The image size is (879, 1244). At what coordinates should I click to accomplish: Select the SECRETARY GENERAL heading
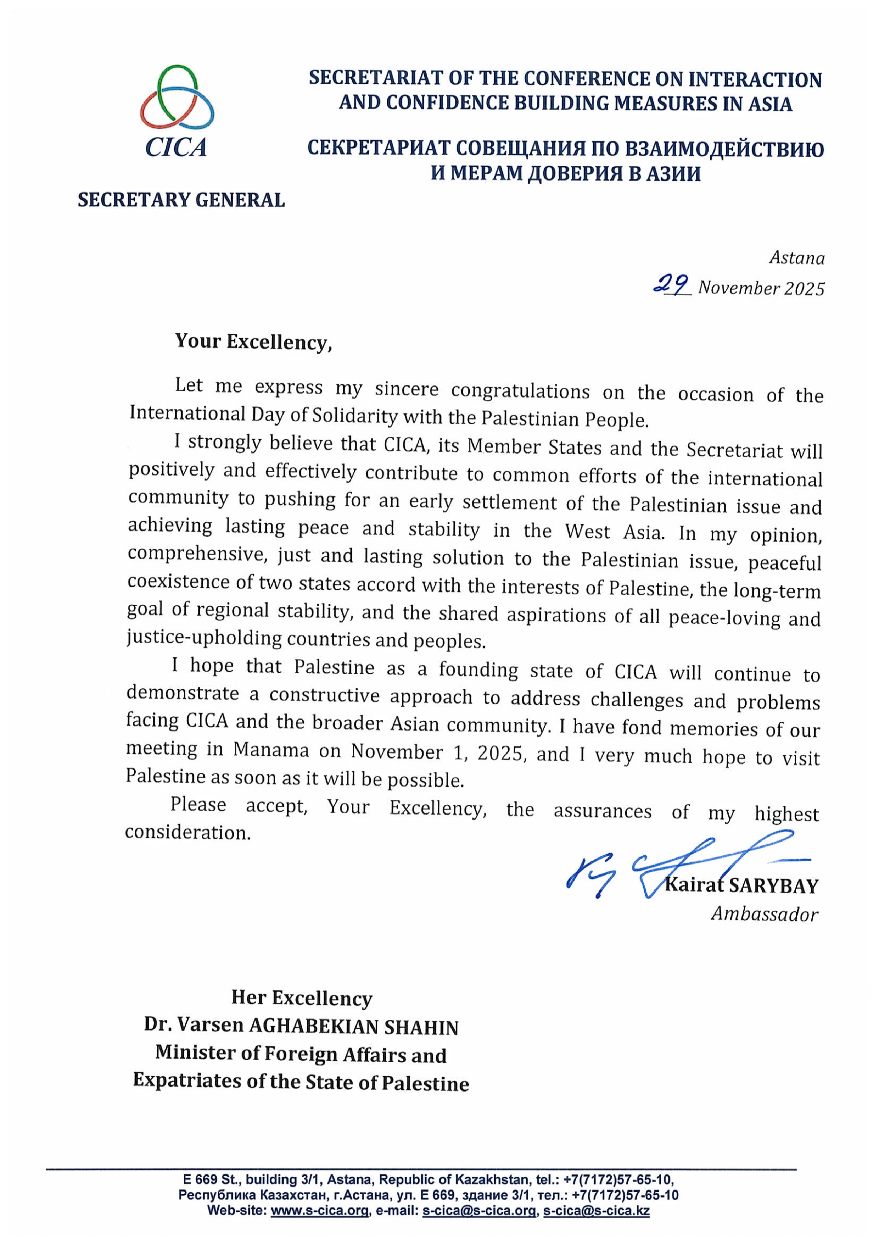pos(181,200)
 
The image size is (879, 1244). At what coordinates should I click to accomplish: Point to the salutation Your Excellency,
pos(253,342)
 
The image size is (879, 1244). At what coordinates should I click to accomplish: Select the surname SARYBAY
pos(773,886)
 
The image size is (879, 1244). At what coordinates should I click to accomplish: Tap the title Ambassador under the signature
pos(764,915)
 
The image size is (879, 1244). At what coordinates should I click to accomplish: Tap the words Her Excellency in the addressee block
pos(302,998)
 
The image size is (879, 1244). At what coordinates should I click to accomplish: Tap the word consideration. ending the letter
pos(187,833)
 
